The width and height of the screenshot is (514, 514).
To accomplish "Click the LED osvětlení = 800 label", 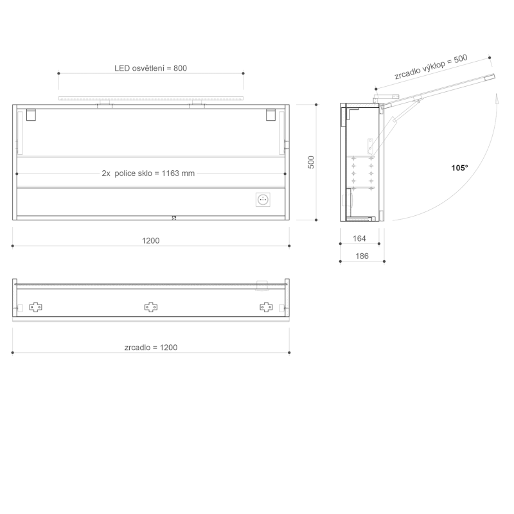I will (150, 68).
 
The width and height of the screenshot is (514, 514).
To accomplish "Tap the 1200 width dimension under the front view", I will (150, 240).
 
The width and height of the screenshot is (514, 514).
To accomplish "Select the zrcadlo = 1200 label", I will (151, 348).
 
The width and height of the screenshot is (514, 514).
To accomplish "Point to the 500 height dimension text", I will (311, 162).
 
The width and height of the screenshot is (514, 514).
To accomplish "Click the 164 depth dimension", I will (359, 239).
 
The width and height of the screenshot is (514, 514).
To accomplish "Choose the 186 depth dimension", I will (362, 256).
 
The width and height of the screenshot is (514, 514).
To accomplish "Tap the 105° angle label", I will (459, 168).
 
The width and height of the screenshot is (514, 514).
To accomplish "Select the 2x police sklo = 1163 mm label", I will (148, 173).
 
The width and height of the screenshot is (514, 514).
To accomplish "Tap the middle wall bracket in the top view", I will (151, 307).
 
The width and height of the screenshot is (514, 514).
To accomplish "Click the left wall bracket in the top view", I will (36, 307).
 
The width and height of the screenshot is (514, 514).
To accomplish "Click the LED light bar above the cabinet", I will (151, 98).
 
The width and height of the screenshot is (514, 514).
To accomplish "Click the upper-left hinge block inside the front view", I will (31, 116).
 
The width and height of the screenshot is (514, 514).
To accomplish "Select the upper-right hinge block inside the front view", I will (271, 116).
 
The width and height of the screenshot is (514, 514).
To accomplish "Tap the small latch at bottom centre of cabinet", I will (174, 218).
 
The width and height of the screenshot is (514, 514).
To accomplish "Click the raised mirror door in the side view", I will (443, 87).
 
